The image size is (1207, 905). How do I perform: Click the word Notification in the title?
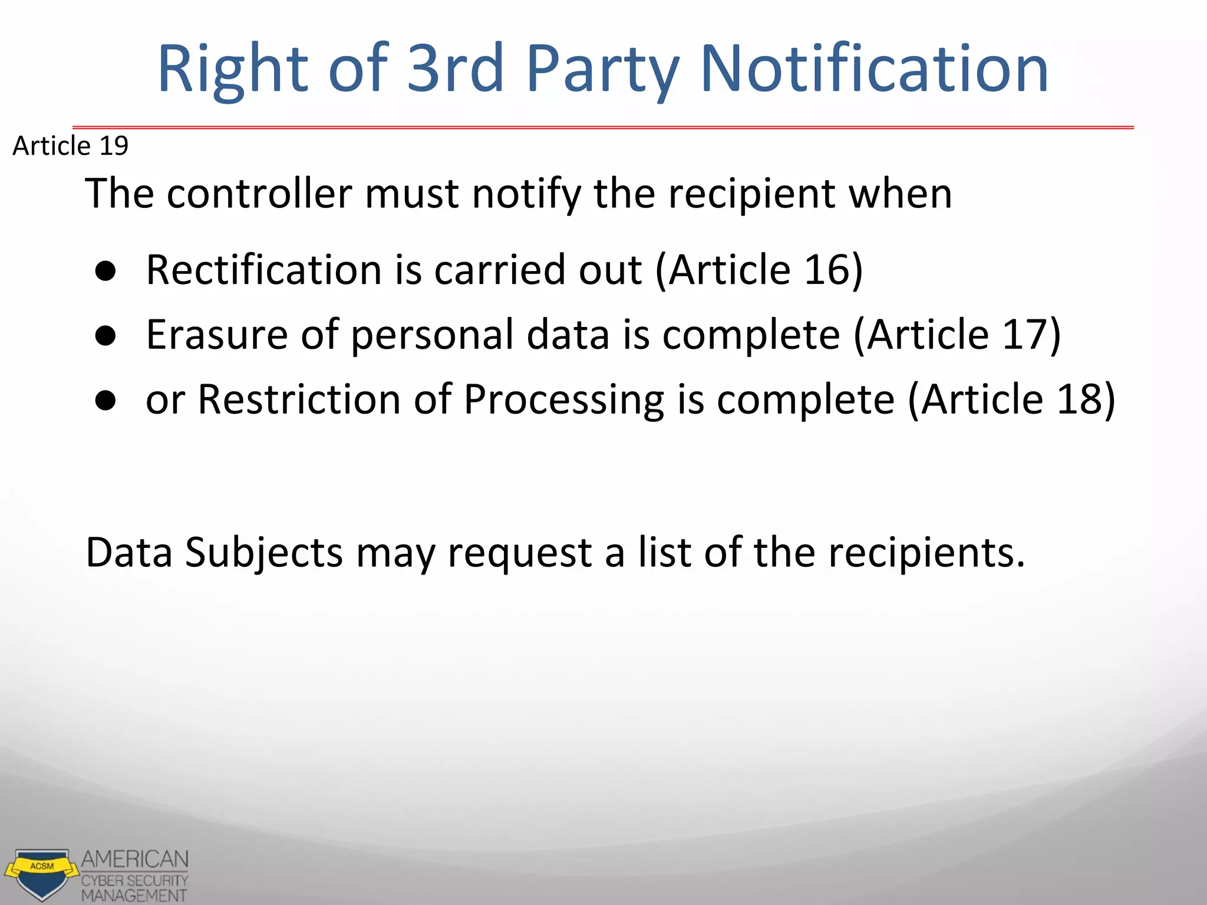click(x=875, y=69)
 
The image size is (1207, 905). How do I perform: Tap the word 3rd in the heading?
click(x=456, y=69)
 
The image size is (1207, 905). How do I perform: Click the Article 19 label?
click(x=70, y=146)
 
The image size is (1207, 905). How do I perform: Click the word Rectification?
click(x=263, y=270)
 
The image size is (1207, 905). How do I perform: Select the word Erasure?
click(x=217, y=334)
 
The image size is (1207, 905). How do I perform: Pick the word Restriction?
click(x=299, y=399)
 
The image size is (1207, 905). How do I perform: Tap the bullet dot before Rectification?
click(x=105, y=272)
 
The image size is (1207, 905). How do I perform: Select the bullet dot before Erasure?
click(x=105, y=336)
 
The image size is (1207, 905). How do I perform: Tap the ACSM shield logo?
click(x=41, y=873)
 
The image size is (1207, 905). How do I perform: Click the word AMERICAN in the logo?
click(x=135, y=859)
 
